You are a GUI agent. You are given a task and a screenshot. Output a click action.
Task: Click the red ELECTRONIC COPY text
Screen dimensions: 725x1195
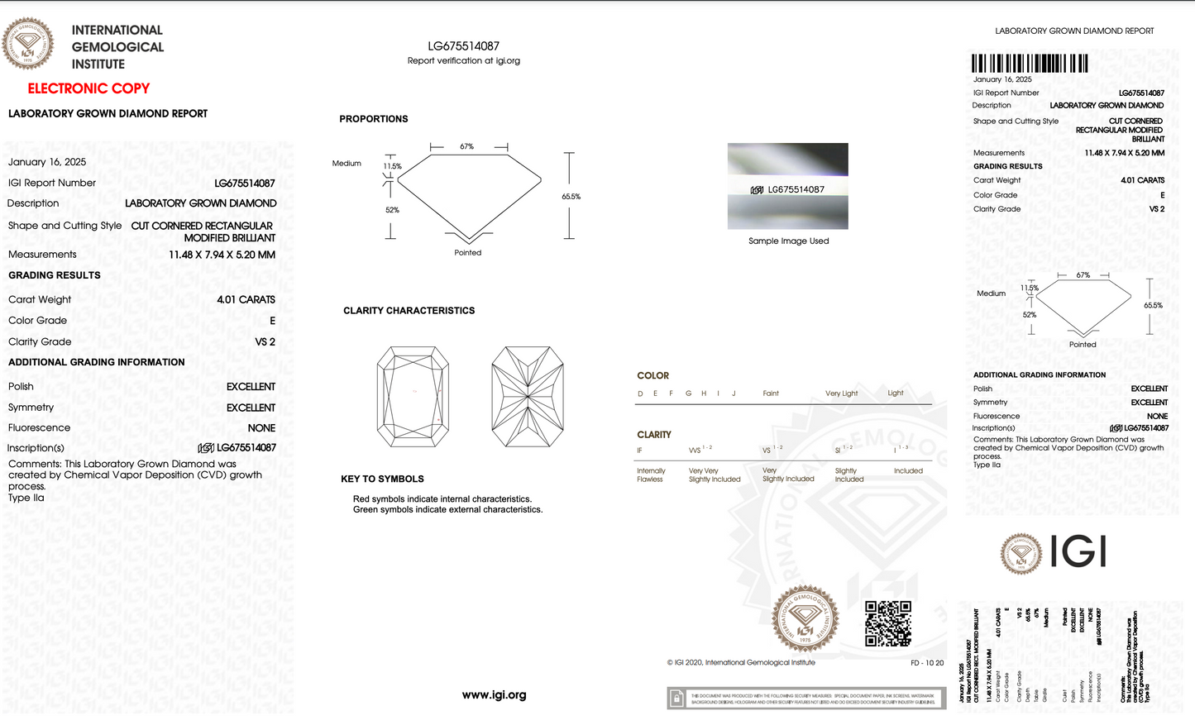88,88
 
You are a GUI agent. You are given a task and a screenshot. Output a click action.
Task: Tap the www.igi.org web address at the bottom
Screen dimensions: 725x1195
494,695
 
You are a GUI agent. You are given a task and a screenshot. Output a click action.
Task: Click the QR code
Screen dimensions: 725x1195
888,624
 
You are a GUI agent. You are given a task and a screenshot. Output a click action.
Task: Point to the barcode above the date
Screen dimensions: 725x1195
1030,64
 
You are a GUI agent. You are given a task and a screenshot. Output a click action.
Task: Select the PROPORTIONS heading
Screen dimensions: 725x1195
374,119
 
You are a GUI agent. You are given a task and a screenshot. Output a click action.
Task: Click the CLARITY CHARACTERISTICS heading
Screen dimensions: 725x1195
409,311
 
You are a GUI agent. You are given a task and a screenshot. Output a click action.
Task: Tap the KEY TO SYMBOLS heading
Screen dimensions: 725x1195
382,479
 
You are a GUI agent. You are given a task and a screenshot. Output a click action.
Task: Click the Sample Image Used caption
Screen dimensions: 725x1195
788,241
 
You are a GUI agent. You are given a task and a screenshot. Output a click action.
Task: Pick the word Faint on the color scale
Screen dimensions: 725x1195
771,394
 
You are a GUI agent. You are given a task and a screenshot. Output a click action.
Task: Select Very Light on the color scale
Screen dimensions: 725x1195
841,394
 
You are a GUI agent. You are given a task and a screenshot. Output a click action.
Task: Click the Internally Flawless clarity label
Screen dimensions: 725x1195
651,475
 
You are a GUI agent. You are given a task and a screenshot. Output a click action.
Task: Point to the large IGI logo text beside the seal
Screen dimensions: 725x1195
1078,551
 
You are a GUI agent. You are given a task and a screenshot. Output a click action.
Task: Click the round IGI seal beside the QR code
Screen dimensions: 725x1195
805,619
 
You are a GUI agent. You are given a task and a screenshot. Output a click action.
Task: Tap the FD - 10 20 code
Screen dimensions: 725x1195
927,663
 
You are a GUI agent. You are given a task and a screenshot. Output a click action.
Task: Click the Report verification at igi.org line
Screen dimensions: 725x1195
463,61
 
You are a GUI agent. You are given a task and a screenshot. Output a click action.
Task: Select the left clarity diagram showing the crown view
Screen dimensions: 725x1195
413,397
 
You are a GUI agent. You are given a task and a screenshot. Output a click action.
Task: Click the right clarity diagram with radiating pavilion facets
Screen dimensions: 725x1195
527,397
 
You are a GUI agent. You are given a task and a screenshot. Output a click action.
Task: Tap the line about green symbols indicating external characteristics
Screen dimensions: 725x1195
447,510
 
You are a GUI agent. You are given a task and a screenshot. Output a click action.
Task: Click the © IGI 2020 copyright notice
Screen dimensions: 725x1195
741,663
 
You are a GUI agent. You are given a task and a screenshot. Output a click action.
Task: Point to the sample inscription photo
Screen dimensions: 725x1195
787,187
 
